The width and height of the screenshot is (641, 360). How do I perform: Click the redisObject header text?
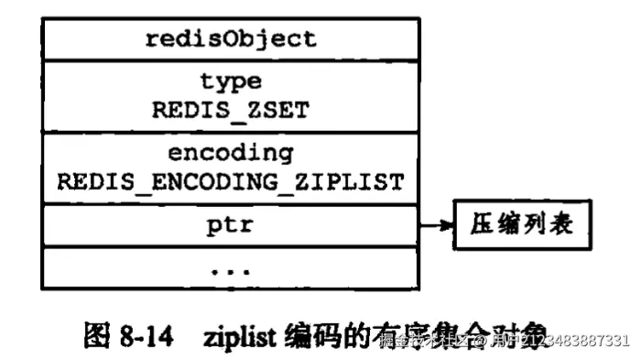tap(230, 38)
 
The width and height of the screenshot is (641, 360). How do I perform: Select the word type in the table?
tap(230, 82)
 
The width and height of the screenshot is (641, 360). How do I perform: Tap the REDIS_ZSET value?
tap(230, 110)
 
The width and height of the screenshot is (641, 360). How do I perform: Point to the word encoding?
tap(230, 152)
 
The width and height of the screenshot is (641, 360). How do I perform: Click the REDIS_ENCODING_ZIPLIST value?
tap(230, 181)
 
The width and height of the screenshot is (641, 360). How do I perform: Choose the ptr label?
tap(230, 224)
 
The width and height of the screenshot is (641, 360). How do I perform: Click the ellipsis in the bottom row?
tap(230, 269)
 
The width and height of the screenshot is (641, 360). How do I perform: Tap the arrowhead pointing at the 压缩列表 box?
tap(452, 224)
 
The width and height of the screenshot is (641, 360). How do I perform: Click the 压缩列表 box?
tap(518, 224)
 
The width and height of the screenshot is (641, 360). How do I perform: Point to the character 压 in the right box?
tap(483, 224)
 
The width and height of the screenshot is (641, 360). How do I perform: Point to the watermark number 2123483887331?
tap(568, 341)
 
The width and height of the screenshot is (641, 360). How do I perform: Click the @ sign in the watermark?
tap(476, 341)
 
